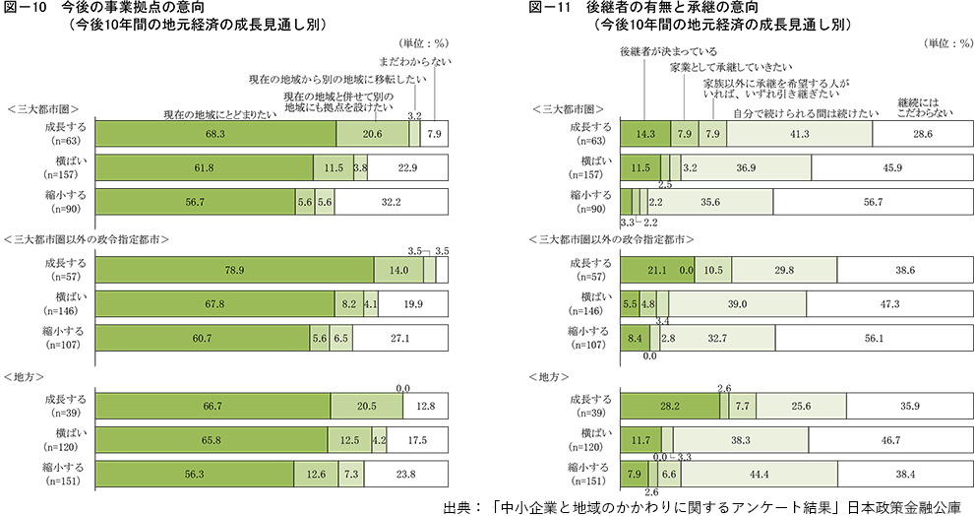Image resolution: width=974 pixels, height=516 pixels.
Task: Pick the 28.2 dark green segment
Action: click(x=669, y=406)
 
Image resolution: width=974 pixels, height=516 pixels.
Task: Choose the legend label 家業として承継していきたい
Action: click(x=729, y=68)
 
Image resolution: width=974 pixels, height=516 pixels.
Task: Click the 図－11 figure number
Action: click(x=547, y=9)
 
